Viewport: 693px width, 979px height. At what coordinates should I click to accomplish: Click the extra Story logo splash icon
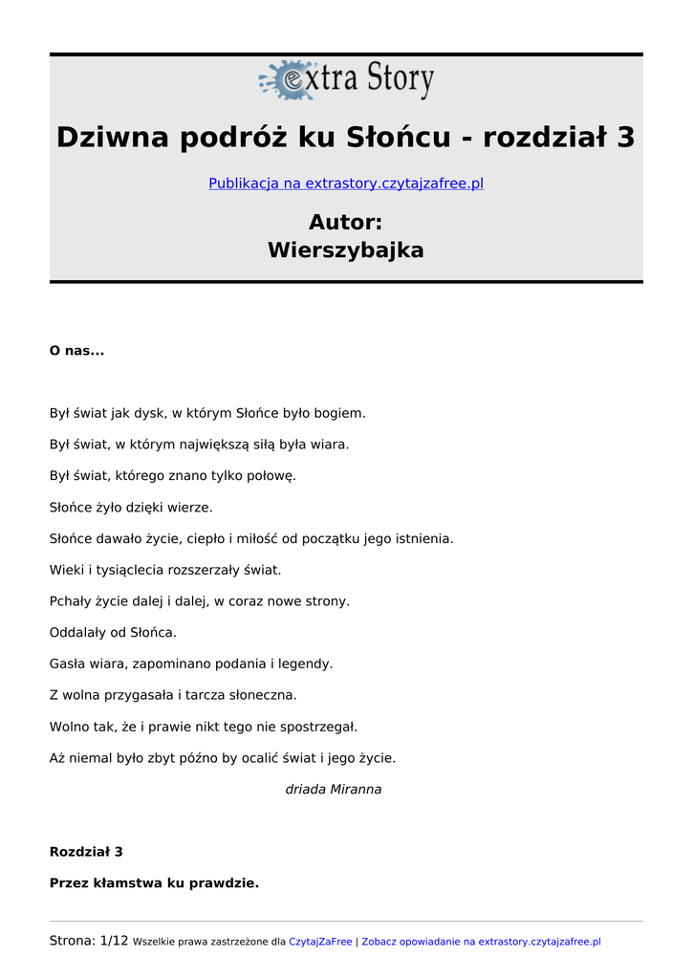point(288,80)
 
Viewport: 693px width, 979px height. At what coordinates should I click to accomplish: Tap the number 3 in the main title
point(625,138)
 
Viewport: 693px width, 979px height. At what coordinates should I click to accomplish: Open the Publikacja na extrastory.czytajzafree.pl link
point(346,183)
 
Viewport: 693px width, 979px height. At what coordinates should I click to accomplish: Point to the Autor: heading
point(346,223)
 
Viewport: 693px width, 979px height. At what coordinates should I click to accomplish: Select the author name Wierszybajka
point(346,250)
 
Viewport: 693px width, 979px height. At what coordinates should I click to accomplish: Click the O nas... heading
point(76,351)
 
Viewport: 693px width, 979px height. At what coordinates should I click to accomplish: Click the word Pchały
point(71,601)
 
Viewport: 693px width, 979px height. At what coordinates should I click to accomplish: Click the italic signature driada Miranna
point(334,790)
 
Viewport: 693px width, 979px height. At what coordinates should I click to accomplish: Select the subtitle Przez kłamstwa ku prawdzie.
point(154,883)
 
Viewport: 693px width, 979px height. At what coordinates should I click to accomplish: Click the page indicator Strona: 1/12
point(88,942)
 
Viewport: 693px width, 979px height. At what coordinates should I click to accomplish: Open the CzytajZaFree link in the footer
point(320,943)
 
